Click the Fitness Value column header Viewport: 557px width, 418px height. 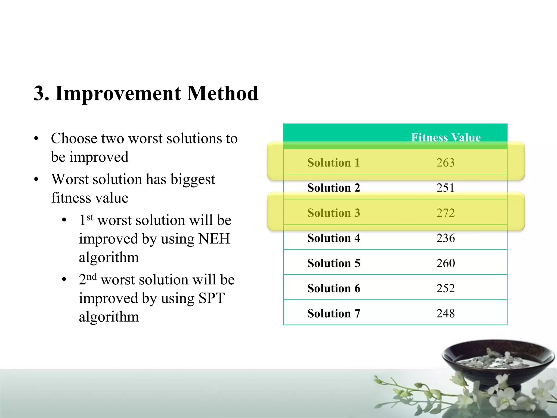(445, 137)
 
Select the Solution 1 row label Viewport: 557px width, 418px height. (333, 163)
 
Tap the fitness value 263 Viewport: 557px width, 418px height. (445, 163)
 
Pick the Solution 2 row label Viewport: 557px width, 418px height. (333, 188)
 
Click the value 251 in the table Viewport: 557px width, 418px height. (445, 188)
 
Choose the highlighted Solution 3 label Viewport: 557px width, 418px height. (333, 213)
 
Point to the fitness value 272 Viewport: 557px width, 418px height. (445, 213)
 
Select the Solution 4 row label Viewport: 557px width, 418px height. (333, 238)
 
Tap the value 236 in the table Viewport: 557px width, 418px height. (445, 238)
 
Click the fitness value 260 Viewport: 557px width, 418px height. (445, 263)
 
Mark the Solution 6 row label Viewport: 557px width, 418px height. (333, 288)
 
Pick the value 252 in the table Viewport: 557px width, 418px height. (445, 288)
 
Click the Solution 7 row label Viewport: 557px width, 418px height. (333, 313)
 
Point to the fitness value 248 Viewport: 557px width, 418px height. (445, 313)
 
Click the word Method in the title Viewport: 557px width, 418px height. (223, 93)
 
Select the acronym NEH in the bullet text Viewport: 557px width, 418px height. (214, 239)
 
